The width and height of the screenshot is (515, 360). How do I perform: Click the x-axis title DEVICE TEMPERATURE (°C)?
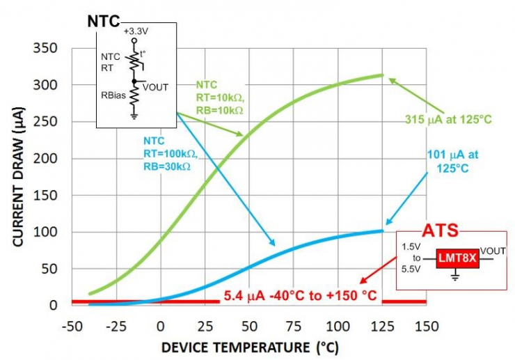coord(250,347)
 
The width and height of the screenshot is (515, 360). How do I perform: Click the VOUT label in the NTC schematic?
coord(155,87)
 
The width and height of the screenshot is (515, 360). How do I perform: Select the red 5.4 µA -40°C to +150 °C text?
coord(300,296)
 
